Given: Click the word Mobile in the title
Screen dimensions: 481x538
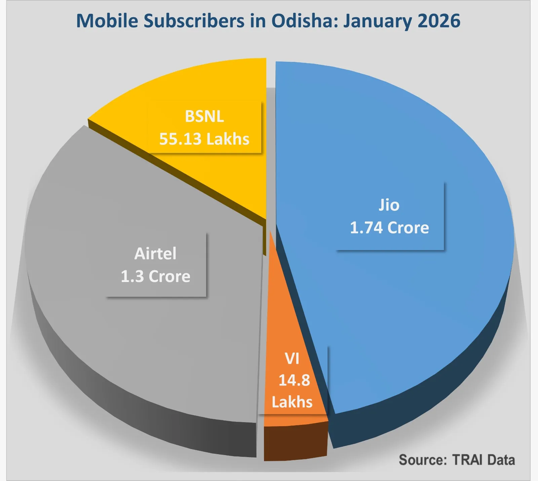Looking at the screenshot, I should [x=107, y=21].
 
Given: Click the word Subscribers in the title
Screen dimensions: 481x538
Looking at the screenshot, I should [x=194, y=21].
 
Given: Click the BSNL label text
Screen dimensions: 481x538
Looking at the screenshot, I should [x=204, y=117].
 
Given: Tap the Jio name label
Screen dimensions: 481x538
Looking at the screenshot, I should [x=389, y=205].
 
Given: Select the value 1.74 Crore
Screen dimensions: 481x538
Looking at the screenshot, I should [x=389, y=228].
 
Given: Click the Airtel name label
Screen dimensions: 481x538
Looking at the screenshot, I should [x=155, y=254].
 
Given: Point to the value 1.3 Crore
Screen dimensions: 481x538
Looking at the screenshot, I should [x=155, y=277].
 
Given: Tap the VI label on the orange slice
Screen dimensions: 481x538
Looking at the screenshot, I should [x=292, y=359].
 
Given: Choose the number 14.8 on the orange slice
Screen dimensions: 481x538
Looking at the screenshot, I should [x=294, y=380].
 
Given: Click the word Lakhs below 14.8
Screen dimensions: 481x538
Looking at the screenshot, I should [x=292, y=402].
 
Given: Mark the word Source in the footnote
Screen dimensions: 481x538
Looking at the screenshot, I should [x=422, y=460].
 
